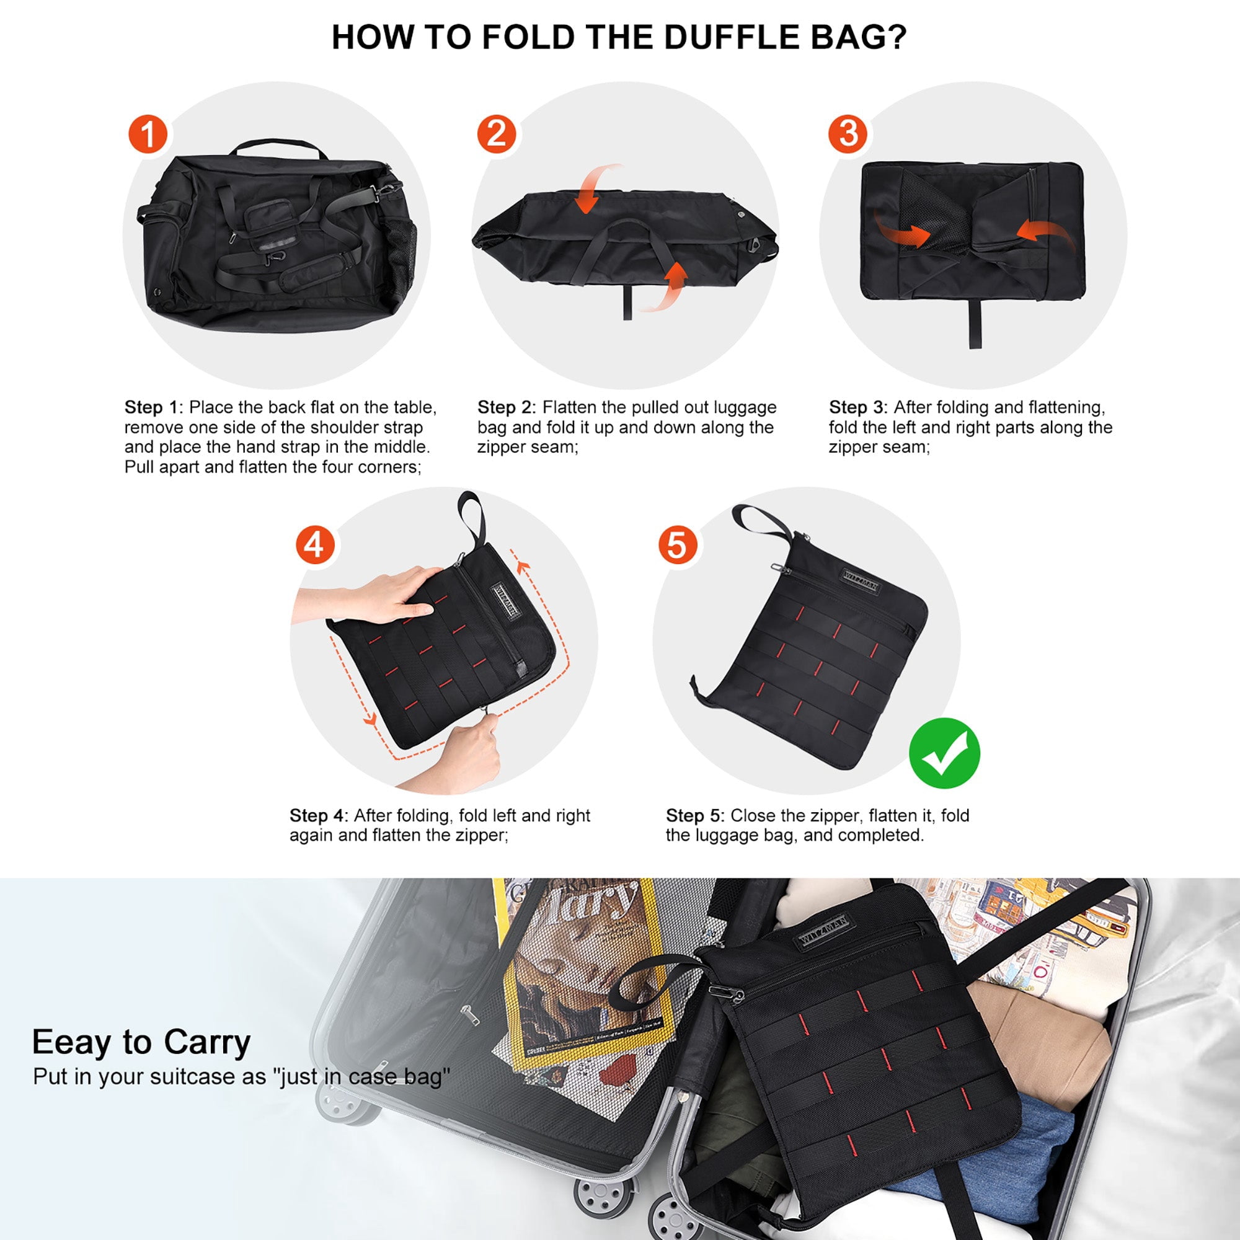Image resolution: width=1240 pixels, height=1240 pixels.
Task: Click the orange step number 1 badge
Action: coord(148,135)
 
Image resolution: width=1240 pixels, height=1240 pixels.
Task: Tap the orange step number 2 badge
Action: coord(497,135)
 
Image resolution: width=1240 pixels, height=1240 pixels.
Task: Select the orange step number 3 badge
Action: coord(848,134)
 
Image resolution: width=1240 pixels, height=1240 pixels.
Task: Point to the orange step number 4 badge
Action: coord(314,546)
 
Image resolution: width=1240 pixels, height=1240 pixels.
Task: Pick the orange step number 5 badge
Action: coord(678,546)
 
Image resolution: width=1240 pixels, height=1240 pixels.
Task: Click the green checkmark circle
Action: coord(945,753)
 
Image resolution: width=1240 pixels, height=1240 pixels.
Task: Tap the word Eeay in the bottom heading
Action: coord(71,1043)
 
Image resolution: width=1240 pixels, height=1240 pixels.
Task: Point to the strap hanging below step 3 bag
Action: coord(975,324)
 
